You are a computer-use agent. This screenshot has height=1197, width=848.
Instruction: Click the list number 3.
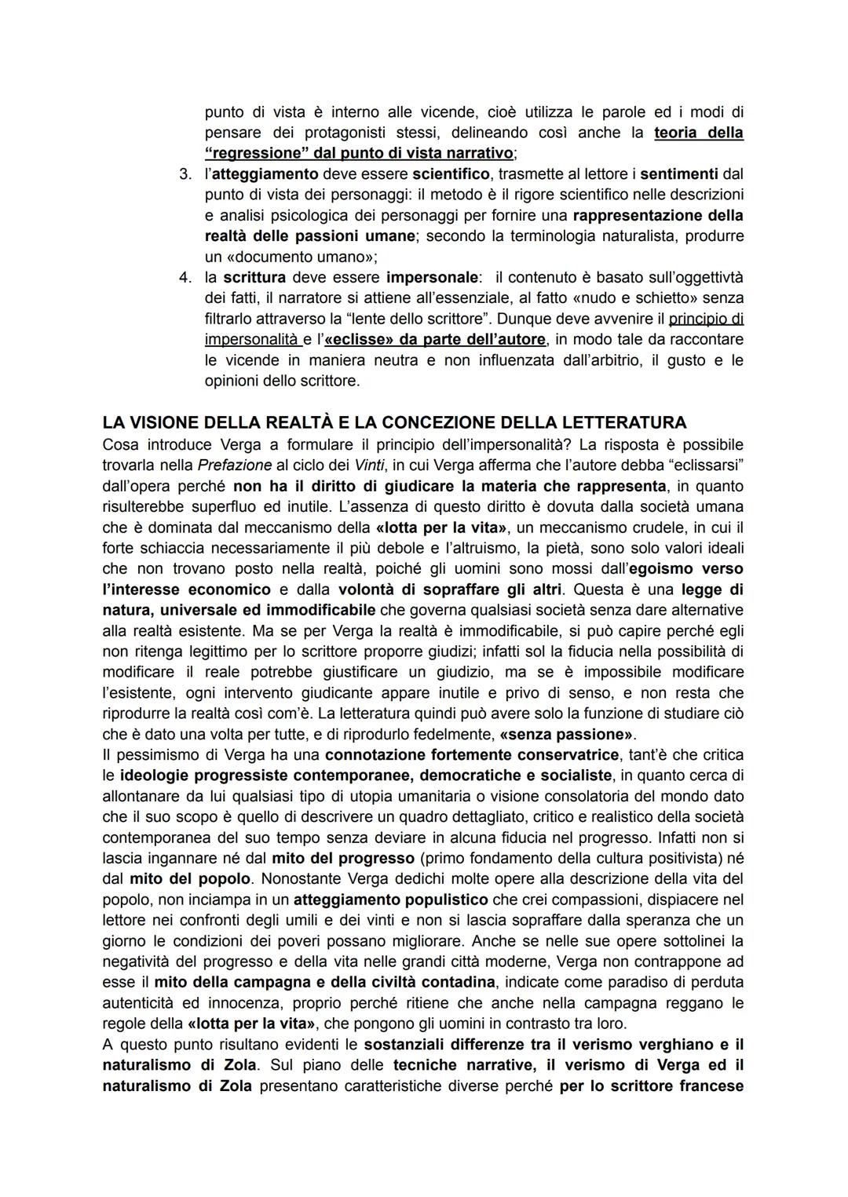185,173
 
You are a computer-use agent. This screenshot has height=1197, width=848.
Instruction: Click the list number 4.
185,277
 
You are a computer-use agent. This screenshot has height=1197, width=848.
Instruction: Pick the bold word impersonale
432,277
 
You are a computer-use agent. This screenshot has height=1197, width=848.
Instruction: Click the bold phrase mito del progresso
342,858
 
